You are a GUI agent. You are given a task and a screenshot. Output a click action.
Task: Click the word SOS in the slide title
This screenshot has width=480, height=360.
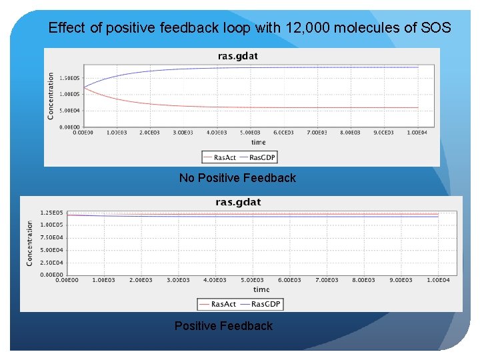[437, 28]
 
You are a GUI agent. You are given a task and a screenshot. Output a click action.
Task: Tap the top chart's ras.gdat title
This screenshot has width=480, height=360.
[241, 57]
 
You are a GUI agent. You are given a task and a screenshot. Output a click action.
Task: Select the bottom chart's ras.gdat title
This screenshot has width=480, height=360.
[238, 202]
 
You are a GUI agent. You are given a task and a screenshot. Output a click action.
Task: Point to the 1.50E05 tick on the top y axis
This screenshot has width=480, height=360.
[70, 78]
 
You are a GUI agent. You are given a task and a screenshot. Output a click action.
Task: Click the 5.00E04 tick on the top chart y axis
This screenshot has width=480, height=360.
[70, 111]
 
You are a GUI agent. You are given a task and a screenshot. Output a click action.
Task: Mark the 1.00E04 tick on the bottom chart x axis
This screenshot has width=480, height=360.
[438, 281]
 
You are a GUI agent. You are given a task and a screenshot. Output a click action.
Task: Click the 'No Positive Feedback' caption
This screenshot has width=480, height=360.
[237, 178]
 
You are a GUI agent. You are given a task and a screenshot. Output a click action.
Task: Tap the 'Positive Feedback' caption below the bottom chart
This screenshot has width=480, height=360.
[223, 326]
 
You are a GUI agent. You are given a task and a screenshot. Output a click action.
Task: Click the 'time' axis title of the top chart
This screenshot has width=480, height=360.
[259, 142]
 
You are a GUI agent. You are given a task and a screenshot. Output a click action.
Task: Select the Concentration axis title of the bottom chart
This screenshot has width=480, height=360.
[30, 243]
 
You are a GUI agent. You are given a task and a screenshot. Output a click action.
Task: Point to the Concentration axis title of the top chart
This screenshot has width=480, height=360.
[51, 97]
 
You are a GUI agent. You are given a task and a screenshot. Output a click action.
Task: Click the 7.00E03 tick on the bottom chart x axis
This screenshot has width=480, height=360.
[327, 281]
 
